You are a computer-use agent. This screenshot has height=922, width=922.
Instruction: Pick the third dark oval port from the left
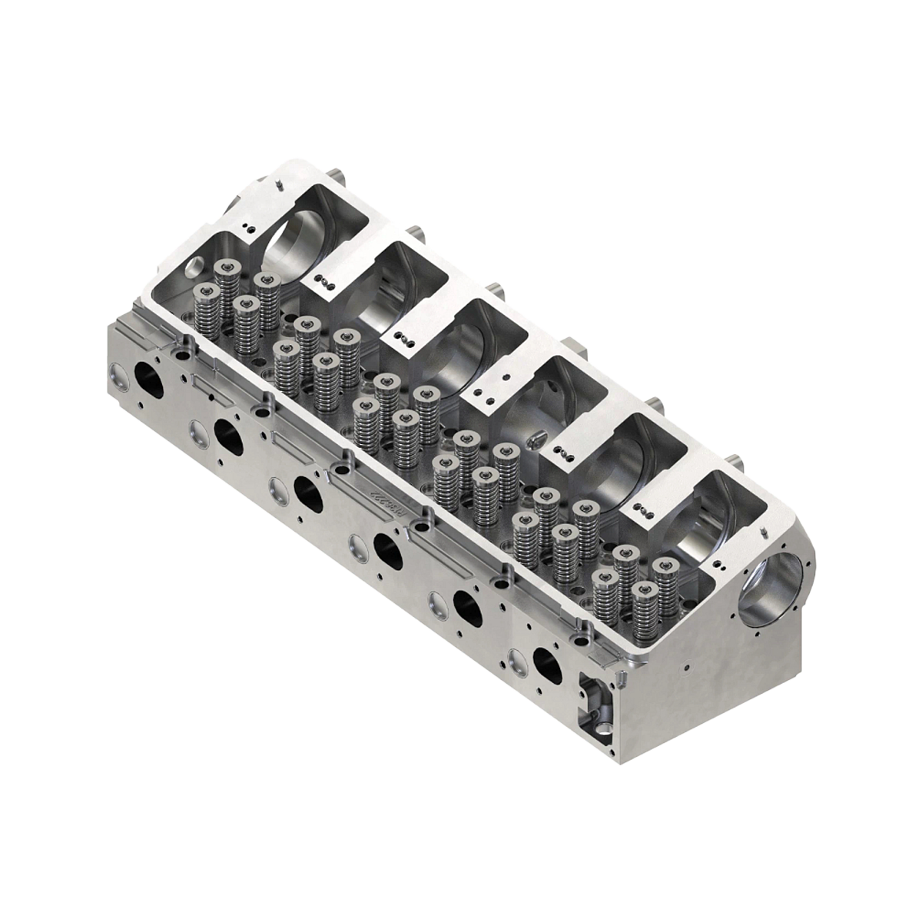pyautogui.click(x=307, y=493)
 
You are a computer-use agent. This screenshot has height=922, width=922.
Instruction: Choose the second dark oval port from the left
pyautogui.click(x=227, y=435)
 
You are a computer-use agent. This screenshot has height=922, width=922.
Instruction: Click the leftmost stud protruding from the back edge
pyautogui.click(x=337, y=170)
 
